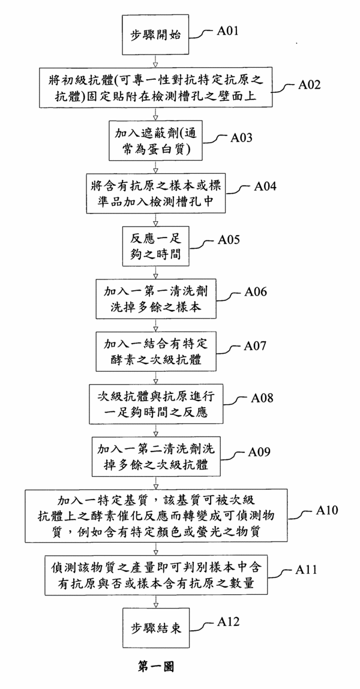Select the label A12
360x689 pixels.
pyautogui.click(x=228, y=622)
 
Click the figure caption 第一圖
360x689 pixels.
pyautogui.click(x=156, y=666)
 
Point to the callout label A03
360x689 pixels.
pyautogui.click(x=244, y=137)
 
